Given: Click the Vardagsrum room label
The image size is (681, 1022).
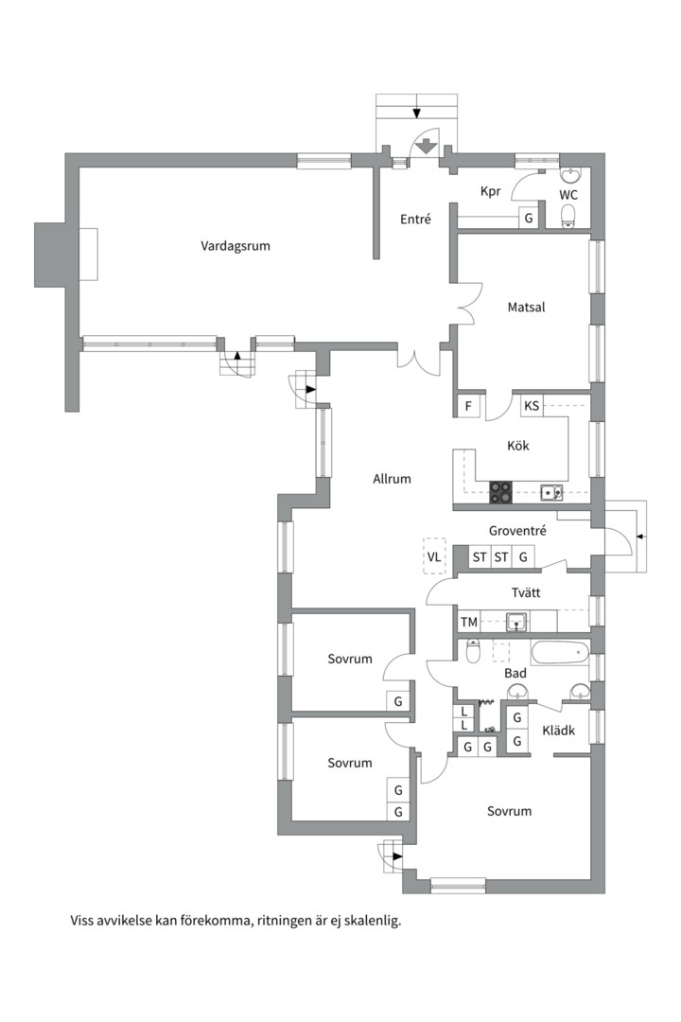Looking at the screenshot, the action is coord(235,246).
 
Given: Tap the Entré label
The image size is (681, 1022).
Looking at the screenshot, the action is coord(415,220).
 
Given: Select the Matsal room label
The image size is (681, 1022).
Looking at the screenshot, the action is coord(526,307).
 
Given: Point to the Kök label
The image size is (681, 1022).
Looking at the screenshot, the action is coord(518,446).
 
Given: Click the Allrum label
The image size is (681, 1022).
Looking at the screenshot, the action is coord(392,479).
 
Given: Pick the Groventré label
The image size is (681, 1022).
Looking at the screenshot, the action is coord(517,531).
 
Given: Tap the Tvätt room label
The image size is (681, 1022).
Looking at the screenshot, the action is coord(525,593).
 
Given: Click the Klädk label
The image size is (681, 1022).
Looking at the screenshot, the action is coord(558,731).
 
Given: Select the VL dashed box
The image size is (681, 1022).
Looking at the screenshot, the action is coord(434,556).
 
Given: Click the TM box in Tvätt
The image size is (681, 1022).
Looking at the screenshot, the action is coord(468,622).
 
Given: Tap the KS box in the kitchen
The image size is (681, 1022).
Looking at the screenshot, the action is coord(532,406).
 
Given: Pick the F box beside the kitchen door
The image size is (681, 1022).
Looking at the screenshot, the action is coord(468,406).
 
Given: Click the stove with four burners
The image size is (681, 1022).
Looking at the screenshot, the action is coord(500,492).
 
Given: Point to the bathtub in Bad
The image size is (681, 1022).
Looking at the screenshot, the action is coord(560,652).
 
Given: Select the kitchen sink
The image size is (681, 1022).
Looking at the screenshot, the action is coord(551,493).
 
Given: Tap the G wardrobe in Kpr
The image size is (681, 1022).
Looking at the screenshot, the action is coord(529,218).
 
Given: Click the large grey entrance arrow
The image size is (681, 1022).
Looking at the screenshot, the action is coord(427,147).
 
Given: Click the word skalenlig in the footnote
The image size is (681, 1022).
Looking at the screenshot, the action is coord(374,921).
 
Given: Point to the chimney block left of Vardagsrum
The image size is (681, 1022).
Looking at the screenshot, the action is coord(50,255).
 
